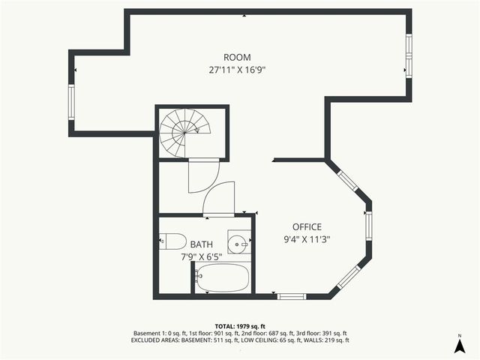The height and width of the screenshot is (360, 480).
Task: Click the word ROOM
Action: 237,58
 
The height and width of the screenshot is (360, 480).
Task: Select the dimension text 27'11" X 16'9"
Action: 237,70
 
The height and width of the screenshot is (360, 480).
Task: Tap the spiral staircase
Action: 184,132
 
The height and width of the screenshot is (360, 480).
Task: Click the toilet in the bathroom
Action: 173,241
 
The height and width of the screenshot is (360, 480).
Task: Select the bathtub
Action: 221,278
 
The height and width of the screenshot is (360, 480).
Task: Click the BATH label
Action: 201,244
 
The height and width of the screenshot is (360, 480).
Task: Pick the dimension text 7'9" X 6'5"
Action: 201,256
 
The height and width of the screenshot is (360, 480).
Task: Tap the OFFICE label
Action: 307,227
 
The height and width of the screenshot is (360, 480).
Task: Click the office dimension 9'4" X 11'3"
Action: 307,240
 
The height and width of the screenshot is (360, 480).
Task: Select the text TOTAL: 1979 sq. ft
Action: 240,326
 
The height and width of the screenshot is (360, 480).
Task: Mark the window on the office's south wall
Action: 290,296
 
